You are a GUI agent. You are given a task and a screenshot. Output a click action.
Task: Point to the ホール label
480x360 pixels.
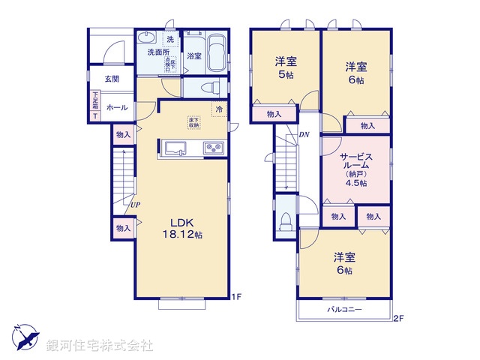point(116,108)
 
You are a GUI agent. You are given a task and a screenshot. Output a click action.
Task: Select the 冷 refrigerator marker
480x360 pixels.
point(220,109)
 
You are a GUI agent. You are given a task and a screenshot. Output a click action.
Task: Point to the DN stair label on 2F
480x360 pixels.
point(304,135)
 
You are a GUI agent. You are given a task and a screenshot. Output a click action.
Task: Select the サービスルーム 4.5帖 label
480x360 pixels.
point(354,169)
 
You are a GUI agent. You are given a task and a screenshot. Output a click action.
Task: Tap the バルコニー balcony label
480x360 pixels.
point(344,309)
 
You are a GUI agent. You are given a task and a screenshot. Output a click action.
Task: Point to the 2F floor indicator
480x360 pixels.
point(399,318)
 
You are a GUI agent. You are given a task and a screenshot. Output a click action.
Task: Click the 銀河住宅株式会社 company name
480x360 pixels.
point(99,346)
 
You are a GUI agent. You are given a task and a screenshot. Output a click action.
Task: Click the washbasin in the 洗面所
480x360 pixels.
point(147,39)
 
